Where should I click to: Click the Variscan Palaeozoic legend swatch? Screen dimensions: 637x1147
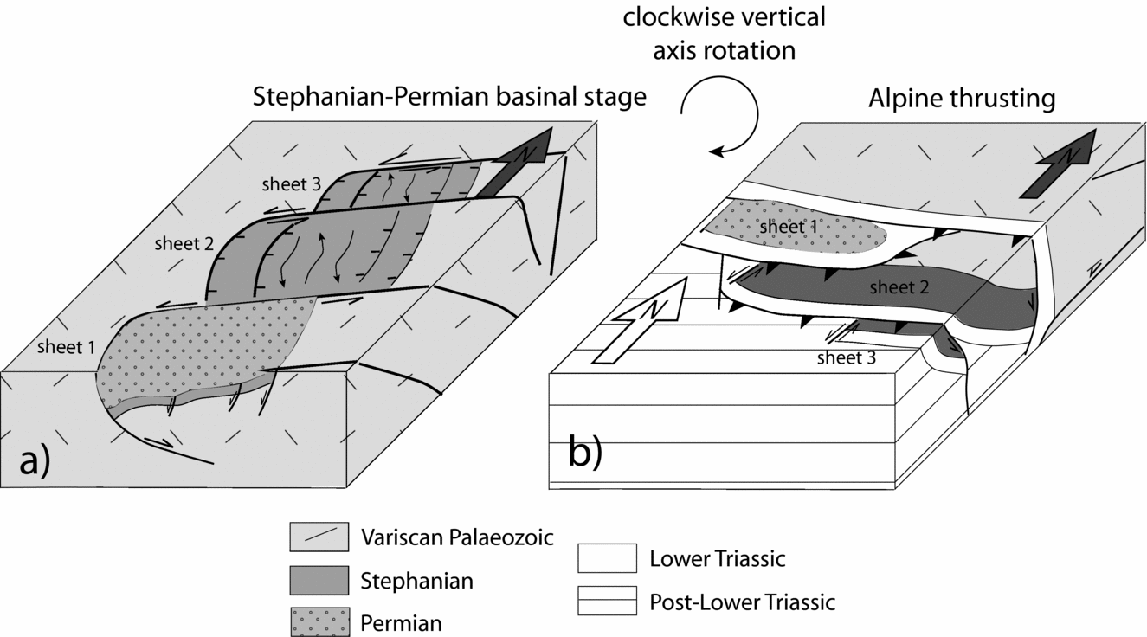click(318, 537)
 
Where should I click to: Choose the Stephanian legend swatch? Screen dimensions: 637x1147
click(318, 580)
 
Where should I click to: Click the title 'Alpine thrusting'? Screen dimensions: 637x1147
click(961, 99)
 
